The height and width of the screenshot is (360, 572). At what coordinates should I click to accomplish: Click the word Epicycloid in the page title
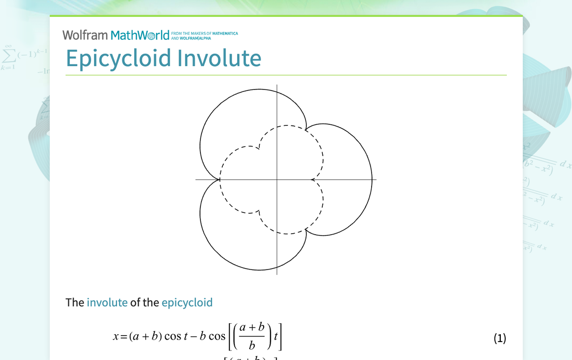pos(119,58)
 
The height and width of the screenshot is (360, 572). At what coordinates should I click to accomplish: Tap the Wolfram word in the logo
pos(85,35)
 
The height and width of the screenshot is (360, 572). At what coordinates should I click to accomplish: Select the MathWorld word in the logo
pos(140,35)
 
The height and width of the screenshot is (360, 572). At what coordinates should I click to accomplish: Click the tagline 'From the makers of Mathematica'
pos(204,34)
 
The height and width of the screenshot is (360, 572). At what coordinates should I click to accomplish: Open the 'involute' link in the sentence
pos(107,302)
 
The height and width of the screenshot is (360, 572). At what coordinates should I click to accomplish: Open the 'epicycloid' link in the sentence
pos(187,302)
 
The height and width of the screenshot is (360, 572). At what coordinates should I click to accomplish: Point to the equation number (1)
pos(499,339)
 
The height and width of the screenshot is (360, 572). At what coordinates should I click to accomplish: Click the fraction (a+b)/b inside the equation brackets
pos(252,336)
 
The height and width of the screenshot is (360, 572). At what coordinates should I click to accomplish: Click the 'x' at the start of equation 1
pos(116,337)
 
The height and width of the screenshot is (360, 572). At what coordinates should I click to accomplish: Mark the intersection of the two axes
pos(277,180)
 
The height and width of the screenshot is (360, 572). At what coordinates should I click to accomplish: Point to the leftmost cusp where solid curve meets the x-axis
pos(219,180)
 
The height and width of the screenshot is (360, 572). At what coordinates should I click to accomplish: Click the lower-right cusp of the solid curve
pos(305,230)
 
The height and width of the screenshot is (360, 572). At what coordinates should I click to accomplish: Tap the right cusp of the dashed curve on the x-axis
pos(311,180)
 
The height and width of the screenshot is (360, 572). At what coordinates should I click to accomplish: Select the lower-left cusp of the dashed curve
pos(259,212)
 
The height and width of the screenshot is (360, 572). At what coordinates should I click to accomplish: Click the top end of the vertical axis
pos(277,86)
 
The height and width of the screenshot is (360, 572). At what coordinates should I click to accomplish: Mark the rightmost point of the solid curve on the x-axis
pos(372,180)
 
